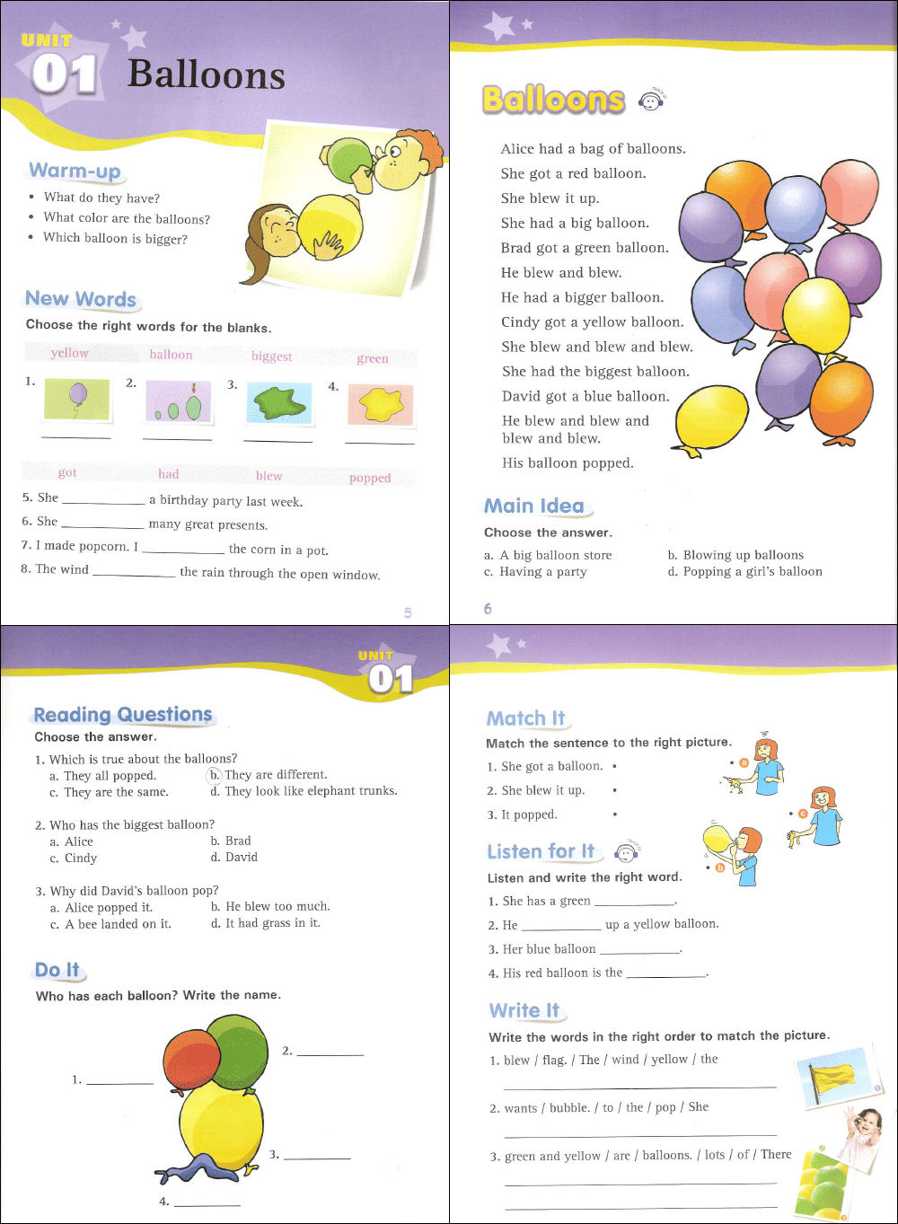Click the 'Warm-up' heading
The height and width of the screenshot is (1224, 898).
coord(75,171)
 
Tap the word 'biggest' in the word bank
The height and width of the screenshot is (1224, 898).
coord(271,357)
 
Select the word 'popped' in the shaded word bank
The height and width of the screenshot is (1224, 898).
coord(370,478)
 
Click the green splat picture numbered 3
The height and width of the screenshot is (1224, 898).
coord(279,404)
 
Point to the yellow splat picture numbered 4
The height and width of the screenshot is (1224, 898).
coord(380,405)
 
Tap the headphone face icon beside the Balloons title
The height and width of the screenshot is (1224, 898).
coord(649,101)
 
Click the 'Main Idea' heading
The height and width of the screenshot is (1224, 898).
coord(534,506)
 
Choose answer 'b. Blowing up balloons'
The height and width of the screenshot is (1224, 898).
coord(735,555)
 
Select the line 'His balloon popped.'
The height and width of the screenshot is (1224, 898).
coord(568,463)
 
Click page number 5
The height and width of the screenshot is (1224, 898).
coord(408,612)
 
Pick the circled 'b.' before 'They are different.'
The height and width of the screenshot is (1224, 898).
coord(215,774)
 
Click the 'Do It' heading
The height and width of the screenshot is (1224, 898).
coord(57,970)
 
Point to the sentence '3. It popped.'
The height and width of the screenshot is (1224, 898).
coord(523,815)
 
